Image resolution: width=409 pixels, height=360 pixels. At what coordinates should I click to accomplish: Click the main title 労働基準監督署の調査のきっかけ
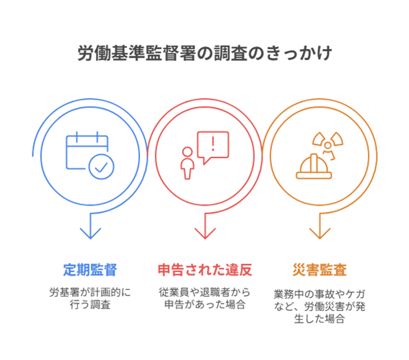click(205, 53)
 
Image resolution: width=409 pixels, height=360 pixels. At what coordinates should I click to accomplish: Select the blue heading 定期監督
click(90, 270)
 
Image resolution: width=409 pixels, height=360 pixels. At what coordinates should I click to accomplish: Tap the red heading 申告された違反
click(205, 270)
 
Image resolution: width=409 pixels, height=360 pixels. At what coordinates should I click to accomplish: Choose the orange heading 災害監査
click(320, 270)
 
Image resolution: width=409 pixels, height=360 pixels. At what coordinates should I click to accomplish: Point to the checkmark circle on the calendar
click(101, 167)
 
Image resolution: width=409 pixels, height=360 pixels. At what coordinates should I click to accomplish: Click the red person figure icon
click(188, 163)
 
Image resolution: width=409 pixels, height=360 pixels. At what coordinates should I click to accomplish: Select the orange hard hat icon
click(314, 167)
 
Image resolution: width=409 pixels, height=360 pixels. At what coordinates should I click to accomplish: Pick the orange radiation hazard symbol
click(328, 145)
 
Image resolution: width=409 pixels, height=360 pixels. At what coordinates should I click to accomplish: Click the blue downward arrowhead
click(90, 233)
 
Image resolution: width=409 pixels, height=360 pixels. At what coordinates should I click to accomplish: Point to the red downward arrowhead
click(205, 233)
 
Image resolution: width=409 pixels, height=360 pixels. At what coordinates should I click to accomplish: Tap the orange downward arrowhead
click(320, 233)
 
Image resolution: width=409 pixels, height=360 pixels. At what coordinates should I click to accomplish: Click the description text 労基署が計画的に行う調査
click(90, 299)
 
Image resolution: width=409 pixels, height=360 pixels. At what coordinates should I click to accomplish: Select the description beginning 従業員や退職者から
click(205, 299)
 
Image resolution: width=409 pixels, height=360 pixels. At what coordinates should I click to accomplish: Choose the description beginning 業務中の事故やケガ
click(320, 307)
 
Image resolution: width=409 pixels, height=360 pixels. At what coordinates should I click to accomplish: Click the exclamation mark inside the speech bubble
click(213, 144)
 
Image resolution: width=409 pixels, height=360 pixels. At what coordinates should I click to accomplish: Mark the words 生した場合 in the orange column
click(320, 319)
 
